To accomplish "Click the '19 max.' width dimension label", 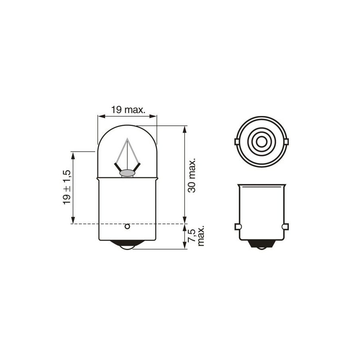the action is click(x=128, y=110).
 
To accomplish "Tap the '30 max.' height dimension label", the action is click(x=192, y=175).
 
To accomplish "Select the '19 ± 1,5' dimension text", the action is click(x=67, y=187).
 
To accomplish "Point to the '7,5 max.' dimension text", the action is click(x=196, y=237).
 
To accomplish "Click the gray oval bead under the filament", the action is click(x=127, y=173).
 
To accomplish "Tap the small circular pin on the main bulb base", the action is click(x=127, y=227).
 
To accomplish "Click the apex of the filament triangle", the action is click(x=128, y=138).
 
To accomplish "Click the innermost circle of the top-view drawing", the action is click(x=261, y=142).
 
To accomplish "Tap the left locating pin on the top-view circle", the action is click(x=237, y=142).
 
